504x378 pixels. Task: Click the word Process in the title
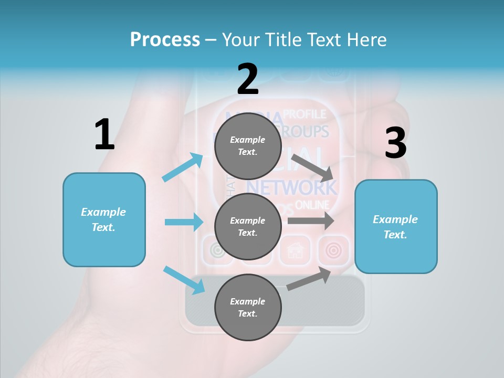pos(165,39)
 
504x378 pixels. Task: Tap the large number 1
pos(104,134)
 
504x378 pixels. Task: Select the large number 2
pos(248,79)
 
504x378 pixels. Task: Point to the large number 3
pos(395,143)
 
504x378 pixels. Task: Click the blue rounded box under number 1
pos(104,219)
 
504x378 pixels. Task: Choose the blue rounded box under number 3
pos(395,226)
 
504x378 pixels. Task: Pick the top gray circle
pos(248,146)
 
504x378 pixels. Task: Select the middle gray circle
pos(248,226)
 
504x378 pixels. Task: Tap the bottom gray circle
pos(248,307)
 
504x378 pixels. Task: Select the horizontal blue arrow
pos(184,222)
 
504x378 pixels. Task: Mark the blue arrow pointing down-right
pos(184,279)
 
